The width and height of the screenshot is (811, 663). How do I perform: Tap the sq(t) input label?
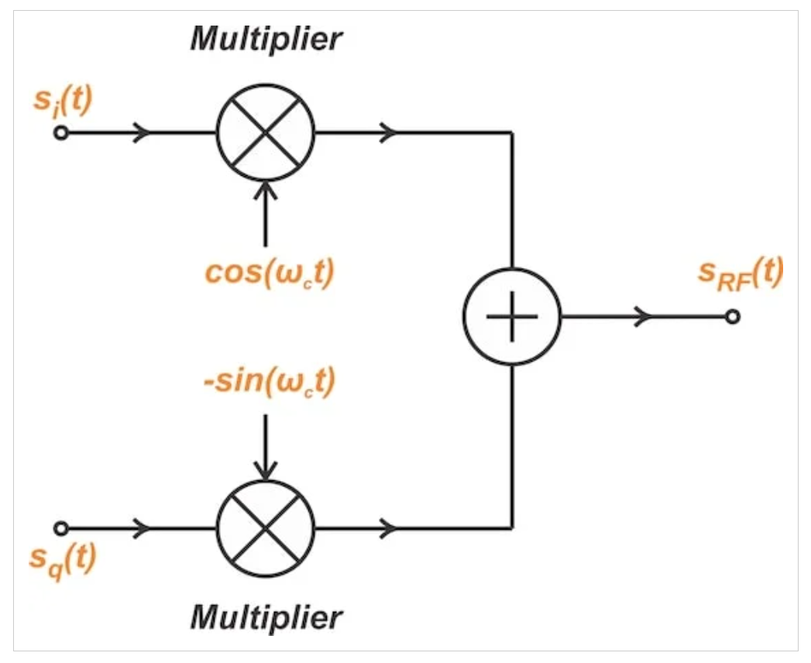(x=63, y=561)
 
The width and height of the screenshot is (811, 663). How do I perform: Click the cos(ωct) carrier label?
(x=270, y=273)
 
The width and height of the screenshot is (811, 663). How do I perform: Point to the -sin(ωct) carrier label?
(x=270, y=382)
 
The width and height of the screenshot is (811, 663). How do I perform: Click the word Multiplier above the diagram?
(x=266, y=39)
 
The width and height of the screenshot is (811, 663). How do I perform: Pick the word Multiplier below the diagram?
(x=266, y=617)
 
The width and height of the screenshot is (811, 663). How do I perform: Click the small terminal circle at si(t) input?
(x=61, y=133)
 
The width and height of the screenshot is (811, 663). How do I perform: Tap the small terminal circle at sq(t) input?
(x=61, y=528)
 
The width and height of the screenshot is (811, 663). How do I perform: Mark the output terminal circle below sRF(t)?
(x=733, y=317)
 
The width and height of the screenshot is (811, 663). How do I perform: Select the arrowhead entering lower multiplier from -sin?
(x=266, y=470)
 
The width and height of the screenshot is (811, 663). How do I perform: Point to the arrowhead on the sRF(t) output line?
(x=644, y=317)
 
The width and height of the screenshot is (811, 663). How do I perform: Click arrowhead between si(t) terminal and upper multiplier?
(x=142, y=133)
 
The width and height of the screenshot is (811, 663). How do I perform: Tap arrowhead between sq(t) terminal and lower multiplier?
(x=142, y=528)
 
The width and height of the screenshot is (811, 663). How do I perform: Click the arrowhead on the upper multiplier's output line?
(x=389, y=133)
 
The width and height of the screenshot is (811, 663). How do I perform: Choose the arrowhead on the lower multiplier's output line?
(x=389, y=528)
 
